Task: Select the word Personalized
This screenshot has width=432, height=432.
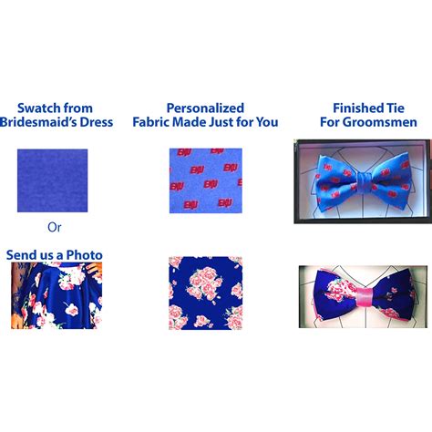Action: click(205, 108)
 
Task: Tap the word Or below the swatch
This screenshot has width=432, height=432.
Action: click(55, 227)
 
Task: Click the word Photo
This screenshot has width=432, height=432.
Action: click(84, 255)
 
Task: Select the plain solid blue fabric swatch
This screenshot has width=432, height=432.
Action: click(53, 180)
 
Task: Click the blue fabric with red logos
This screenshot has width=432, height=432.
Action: click(206, 180)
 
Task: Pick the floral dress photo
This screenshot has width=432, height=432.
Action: click(57, 295)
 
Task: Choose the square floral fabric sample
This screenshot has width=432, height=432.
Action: click(206, 293)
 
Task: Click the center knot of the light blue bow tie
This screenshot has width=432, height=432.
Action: click(365, 180)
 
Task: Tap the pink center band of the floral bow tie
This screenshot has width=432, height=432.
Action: click(364, 297)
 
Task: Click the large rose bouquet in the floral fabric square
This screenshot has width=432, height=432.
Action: click(204, 283)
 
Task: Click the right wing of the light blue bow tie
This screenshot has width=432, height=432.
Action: click(392, 181)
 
